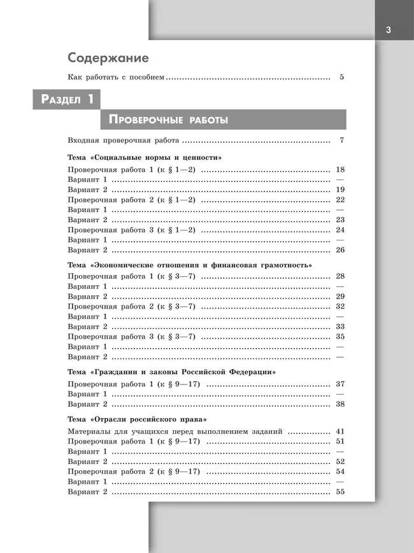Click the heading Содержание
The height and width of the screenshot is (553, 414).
pos(108,58)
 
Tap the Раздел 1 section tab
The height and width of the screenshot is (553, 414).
pos(67,99)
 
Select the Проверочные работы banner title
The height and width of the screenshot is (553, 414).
pos(169,120)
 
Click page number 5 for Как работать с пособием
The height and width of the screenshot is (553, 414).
pos(341,78)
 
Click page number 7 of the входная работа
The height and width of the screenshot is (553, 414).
pos(341,141)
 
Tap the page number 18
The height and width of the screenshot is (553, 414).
pos(339,170)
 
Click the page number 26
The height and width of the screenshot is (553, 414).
pos(339,249)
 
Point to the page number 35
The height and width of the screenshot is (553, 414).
pos(339,336)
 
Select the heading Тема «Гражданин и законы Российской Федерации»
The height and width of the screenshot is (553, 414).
pos(171,371)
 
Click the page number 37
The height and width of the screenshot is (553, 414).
pos(339,384)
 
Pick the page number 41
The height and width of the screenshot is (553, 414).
pos(339,431)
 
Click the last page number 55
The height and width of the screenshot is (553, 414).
pos(339,492)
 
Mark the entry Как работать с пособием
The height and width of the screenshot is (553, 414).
pos(116,78)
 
